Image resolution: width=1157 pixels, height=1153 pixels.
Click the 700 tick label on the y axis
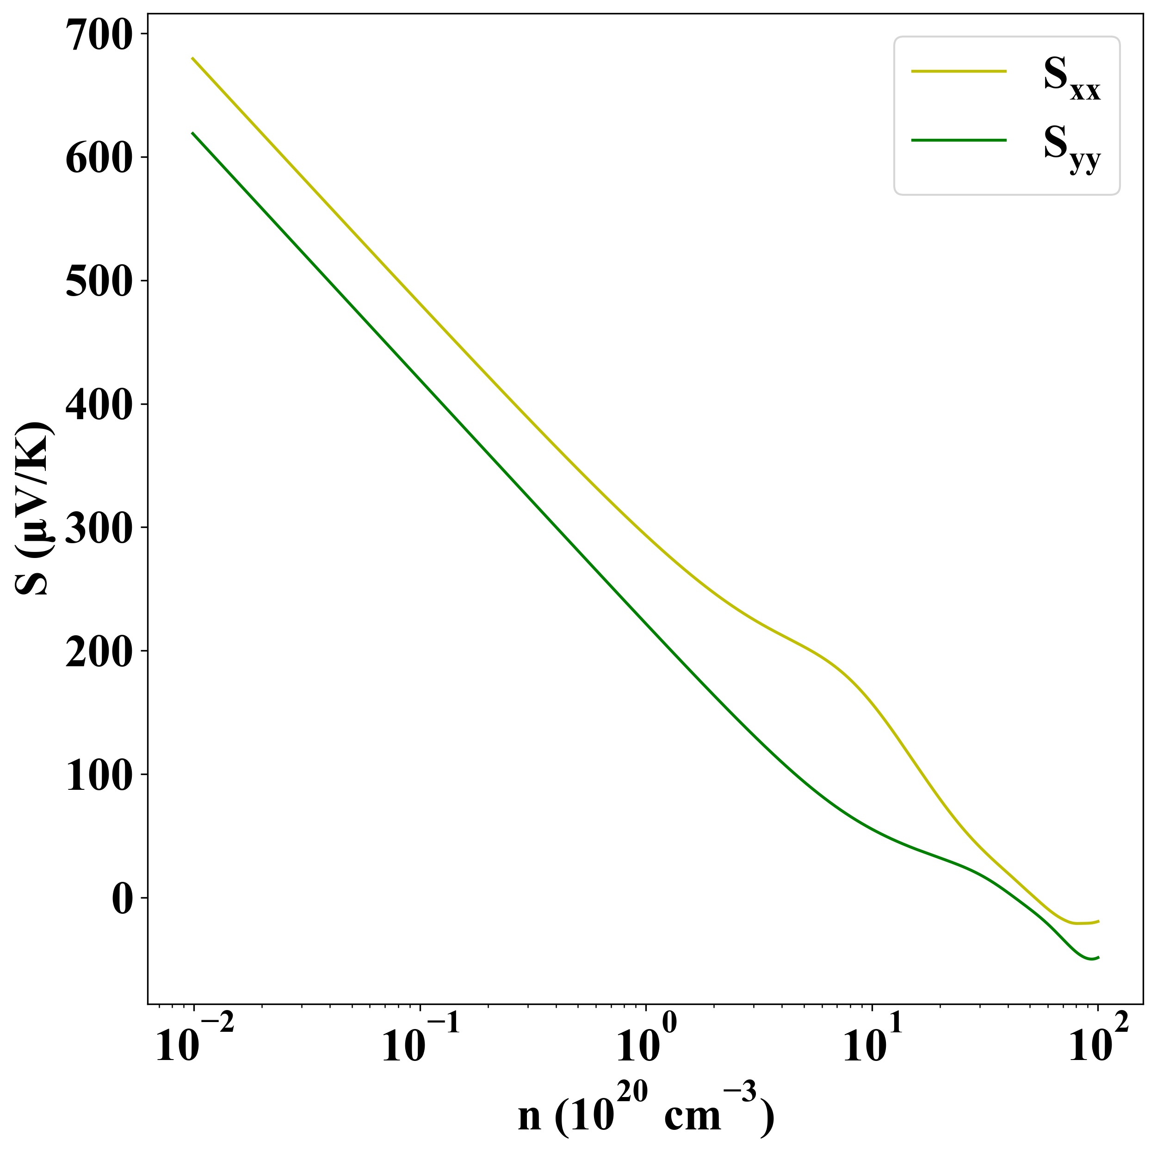(x=98, y=37)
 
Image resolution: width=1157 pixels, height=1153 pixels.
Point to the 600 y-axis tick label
(x=98, y=161)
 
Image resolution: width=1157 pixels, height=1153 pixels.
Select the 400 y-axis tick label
(x=98, y=407)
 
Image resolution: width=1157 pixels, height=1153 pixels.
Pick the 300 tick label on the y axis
(x=98, y=531)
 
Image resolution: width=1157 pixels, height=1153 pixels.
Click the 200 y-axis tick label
(x=98, y=654)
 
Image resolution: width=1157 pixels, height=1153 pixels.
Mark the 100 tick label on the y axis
(x=98, y=777)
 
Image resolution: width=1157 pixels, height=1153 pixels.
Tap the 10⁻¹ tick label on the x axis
(x=421, y=1045)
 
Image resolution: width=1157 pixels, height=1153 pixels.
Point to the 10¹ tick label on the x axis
(x=873, y=1045)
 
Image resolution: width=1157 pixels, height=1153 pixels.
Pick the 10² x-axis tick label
(x=1098, y=1045)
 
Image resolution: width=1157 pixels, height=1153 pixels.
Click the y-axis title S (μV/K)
(x=35, y=508)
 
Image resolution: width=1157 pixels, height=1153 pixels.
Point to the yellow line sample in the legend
(x=959, y=71)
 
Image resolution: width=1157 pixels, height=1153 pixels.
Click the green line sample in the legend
(x=959, y=140)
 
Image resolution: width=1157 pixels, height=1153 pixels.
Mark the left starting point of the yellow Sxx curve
(x=192, y=58)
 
